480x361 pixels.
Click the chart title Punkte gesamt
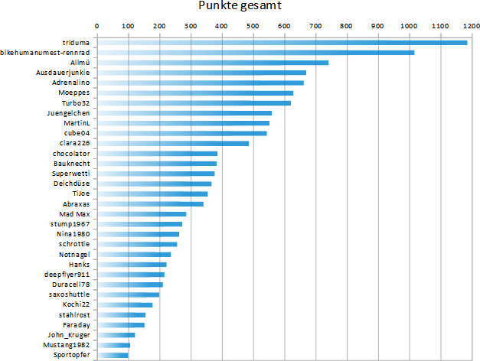(x=240, y=7)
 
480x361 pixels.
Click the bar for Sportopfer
(x=113, y=355)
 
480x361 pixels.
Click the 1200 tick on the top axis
(x=471, y=25)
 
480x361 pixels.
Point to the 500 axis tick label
(x=253, y=25)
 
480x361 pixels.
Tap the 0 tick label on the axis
(x=97, y=25)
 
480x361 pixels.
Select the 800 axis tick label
(x=346, y=25)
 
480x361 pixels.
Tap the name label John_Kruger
(x=70, y=335)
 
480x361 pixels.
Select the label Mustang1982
(x=67, y=345)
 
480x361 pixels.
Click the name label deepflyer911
(x=67, y=274)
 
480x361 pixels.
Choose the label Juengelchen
(x=69, y=113)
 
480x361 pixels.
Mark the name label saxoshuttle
(x=69, y=294)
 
